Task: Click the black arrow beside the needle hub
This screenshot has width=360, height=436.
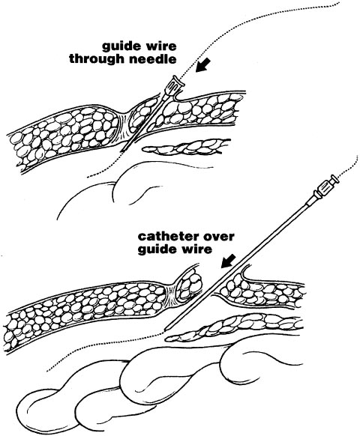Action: [x=202, y=66]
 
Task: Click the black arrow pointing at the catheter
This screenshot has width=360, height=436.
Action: [x=228, y=261]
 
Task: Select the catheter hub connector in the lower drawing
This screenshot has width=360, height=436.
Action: [x=327, y=187]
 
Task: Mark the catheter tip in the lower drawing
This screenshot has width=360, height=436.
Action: [x=166, y=330]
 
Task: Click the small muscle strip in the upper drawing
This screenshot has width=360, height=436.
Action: [x=186, y=147]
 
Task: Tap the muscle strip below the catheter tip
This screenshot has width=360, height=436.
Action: [x=234, y=327]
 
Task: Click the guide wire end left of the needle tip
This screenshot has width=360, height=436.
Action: [x=88, y=177]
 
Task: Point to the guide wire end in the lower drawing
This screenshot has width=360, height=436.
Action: [x=47, y=370]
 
